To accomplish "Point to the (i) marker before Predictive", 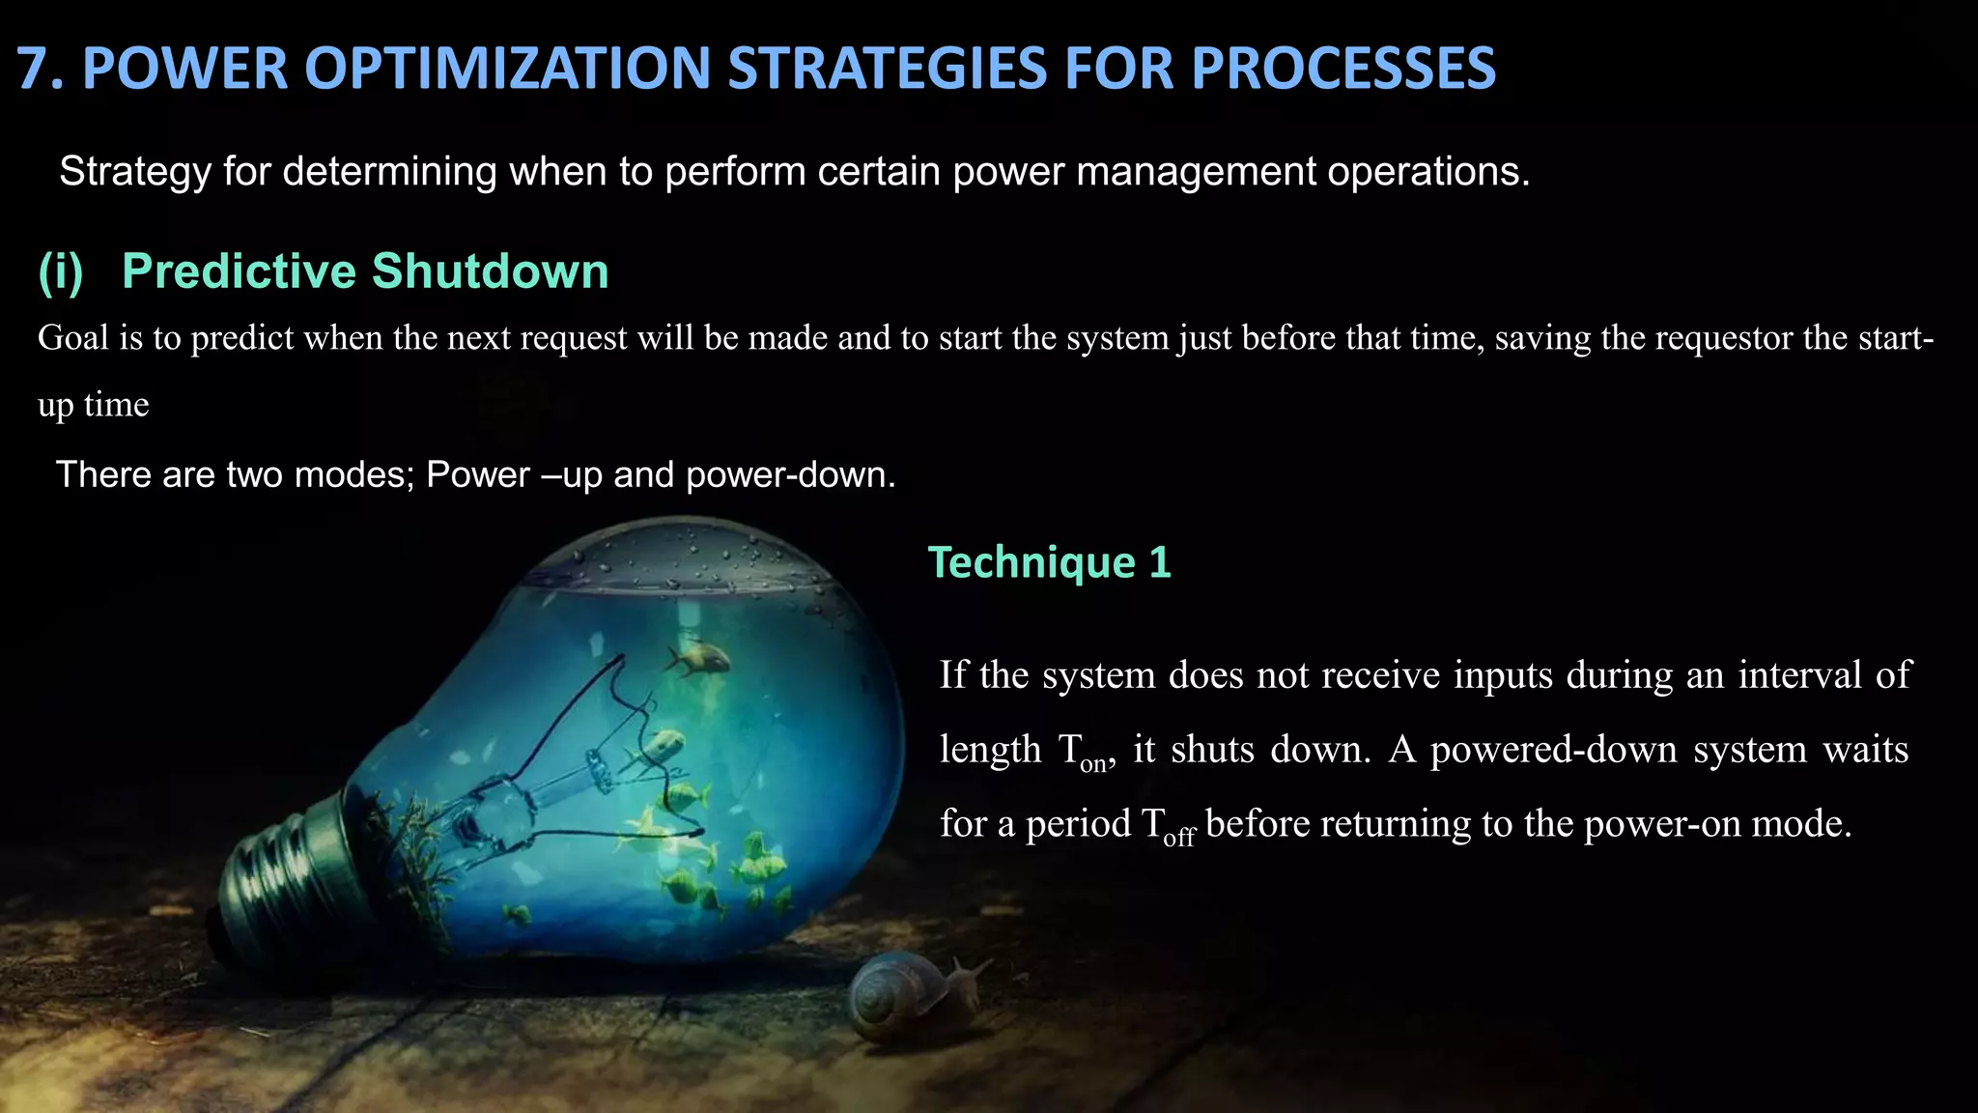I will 61,271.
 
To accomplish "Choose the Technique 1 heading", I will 1049,562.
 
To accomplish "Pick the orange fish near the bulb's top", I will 697,660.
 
